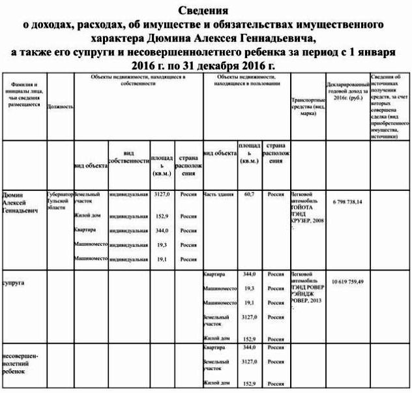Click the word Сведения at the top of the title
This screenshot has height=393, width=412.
point(206,11)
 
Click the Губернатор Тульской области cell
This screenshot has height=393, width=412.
point(60,201)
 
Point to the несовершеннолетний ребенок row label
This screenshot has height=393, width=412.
point(22,363)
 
